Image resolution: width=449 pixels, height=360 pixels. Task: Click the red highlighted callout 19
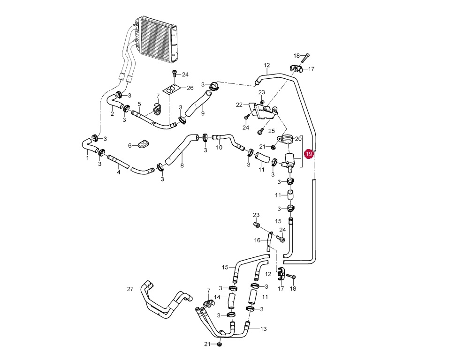(x=309, y=154)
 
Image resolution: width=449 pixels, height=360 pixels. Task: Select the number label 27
(x=130, y=289)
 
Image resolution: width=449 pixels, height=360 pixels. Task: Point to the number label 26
(x=190, y=88)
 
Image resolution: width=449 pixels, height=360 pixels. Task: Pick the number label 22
(x=239, y=105)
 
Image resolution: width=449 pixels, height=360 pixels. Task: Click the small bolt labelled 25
(x=260, y=131)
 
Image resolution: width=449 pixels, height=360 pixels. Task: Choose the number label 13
(x=263, y=329)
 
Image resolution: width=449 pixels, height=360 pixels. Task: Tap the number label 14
(x=217, y=297)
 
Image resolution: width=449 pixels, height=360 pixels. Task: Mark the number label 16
(x=257, y=240)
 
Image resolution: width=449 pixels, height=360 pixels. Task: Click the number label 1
(x=87, y=158)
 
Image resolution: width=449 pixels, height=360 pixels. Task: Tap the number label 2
(x=112, y=114)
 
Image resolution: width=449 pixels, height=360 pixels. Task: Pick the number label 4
(x=119, y=172)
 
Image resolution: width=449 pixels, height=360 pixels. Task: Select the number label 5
(x=139, y=104)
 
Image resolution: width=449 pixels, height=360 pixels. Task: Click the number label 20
(x=298, y=139)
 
